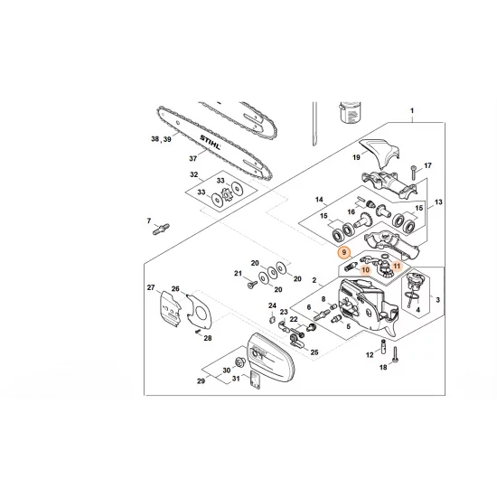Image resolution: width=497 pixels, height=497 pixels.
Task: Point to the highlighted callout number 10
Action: coord(365,269)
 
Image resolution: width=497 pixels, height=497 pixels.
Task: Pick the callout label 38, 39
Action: coord(161,139)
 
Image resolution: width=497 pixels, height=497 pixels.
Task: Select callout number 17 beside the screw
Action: coord(428,166)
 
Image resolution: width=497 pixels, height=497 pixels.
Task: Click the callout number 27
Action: coord(151,287)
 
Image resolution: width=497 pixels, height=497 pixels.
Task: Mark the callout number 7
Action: coord(147,220)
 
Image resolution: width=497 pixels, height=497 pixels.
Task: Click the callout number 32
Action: coord(192,174)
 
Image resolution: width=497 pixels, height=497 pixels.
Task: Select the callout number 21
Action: coord(238,274)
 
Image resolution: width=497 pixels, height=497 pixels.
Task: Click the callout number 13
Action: coord(440,203)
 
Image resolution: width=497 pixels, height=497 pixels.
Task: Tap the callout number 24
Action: coord(272,306)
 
